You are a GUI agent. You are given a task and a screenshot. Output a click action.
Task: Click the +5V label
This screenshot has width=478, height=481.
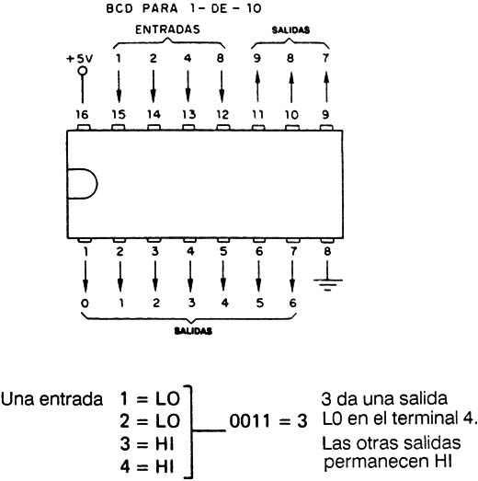[79, 58]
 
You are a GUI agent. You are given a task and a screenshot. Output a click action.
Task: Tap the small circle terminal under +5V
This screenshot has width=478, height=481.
[82, 71]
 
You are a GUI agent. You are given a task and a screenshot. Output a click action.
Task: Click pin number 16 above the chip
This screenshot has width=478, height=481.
[82, 115]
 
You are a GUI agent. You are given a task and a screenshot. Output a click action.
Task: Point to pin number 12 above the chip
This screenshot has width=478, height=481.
[222, 115]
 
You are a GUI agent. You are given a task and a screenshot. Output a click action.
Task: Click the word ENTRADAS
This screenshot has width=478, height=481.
[167, 29]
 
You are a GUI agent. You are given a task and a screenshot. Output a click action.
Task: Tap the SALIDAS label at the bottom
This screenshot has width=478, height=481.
[193, 331]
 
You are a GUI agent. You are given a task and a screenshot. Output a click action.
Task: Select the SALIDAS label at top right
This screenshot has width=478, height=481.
[290, 29]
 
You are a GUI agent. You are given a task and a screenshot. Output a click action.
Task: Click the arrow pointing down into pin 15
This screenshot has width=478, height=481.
[119, 86]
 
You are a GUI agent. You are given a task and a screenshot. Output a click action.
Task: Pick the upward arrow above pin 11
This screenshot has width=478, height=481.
[257, 86]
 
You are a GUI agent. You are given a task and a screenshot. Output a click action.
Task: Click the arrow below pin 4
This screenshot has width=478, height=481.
[190, 277]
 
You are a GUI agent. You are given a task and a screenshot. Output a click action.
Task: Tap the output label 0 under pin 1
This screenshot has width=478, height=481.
[85, 303]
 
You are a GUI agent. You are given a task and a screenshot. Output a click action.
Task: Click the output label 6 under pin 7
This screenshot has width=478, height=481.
[293, 303]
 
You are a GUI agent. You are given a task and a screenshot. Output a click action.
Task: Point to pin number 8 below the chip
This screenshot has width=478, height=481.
[327, 251]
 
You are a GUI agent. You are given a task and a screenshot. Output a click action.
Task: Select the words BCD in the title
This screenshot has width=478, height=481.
[119, 8]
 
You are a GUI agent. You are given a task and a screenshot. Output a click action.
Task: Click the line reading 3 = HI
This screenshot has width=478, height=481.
[147, 444]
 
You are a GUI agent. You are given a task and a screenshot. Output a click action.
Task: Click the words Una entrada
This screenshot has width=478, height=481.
[51, 399]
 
